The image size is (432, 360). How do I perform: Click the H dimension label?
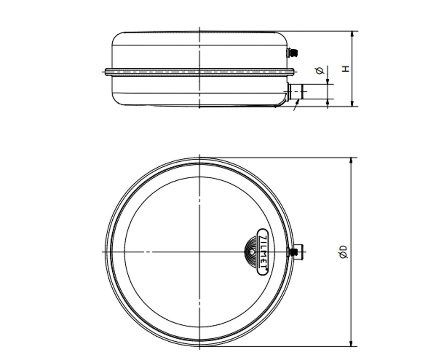pos(346,69)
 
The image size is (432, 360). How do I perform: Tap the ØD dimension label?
pos(343,252)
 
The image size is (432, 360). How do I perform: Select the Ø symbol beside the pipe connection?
pos(320,71)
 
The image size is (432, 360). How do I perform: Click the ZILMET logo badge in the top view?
pos(262,252)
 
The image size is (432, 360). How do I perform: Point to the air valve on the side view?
pos(293,53)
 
